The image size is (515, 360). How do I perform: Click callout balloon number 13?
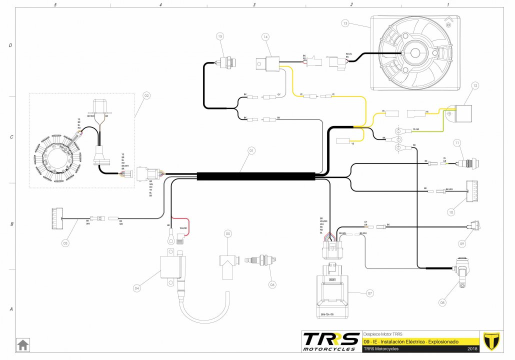pos(345,23)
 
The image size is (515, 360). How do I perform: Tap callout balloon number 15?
pos(220,36)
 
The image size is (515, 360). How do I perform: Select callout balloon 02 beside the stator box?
pos(146,95)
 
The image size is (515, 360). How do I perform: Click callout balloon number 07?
pos(370,292)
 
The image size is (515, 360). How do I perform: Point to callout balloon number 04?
pos(137,288)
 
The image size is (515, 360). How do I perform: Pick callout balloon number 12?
pos(475,86)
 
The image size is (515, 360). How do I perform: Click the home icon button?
pos(22,344)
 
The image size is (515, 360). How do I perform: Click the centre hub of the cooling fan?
pos(414,53)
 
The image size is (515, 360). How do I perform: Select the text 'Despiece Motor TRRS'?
pos(382,334)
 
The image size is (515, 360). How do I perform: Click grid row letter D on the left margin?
pos(10,45)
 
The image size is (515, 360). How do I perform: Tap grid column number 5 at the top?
pos(61,4)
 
